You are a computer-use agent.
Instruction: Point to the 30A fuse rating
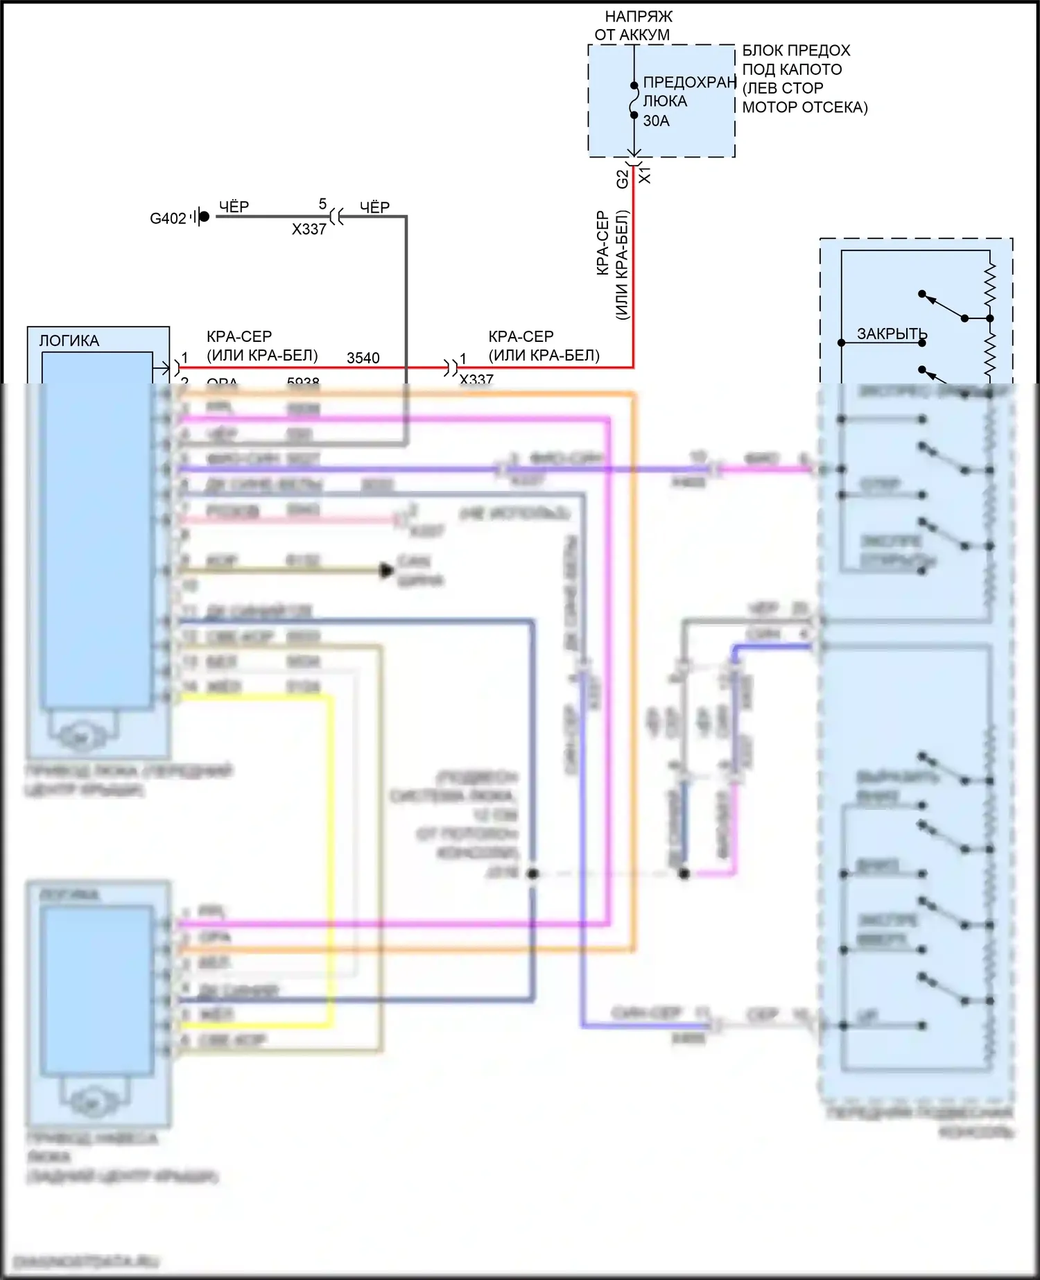point(656,121)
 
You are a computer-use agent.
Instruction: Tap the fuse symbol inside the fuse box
point(634,101)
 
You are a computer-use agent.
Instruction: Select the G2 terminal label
point(622,179)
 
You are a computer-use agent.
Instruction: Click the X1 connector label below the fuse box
point(645,174)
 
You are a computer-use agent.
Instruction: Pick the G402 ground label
point(168,218)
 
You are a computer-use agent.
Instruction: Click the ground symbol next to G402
point(200,217)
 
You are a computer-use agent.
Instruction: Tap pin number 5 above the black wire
point(322,204)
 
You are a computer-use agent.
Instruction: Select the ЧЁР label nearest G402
point(234,207)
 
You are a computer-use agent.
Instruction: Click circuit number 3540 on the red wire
point(363,358)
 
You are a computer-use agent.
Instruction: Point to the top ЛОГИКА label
point(69,340)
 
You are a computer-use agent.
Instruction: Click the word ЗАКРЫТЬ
point(892,334)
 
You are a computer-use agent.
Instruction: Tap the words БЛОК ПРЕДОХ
point(796,51)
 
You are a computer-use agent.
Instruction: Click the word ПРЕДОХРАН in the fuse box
point(689,82)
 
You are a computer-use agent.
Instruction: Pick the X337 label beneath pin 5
point(309,229)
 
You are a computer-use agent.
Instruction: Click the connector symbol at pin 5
point(336,216)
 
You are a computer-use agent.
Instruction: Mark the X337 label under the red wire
point(476,379)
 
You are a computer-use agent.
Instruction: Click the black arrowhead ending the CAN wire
point(387,571)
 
